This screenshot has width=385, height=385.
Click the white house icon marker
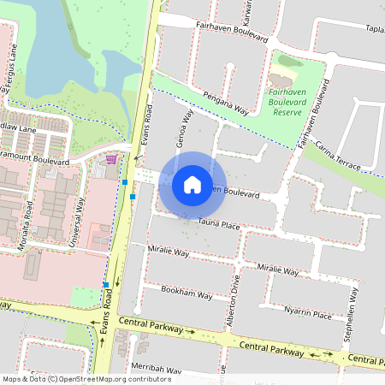coord(192,184)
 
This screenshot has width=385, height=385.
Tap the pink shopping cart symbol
coord(111,158)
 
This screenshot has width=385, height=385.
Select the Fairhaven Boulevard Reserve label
coord(293,100)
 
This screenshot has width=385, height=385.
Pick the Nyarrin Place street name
coord(308,314)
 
